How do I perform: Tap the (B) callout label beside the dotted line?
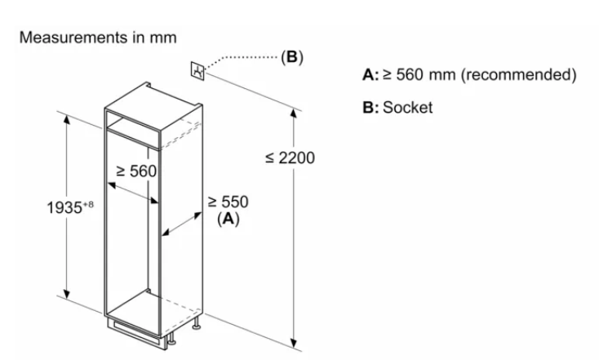[291, 58]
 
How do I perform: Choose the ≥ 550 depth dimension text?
[228, 202]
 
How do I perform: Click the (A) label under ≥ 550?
[227, 219]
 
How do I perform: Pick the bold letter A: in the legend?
[370, 75]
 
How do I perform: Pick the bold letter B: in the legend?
[370, 107]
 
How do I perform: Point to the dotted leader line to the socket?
[245, 59]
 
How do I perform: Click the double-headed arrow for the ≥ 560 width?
[134, 191]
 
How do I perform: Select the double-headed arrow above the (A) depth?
[183, 225]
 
